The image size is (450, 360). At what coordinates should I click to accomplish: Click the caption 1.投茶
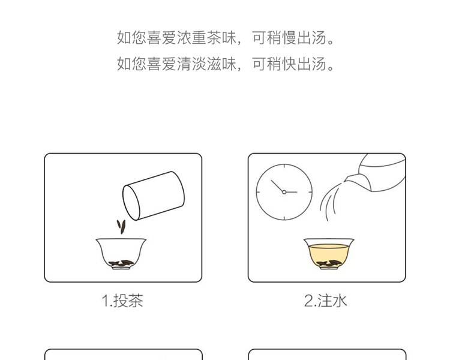(x=122, y=301)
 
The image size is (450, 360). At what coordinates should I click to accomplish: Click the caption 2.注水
(x=325, y=301)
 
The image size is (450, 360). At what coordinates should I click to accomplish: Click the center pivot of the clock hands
(x=284, y=192)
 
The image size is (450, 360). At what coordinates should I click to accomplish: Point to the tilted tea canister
(x=154, y=196)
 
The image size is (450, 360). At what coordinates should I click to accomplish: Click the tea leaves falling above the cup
(x=121, y=227)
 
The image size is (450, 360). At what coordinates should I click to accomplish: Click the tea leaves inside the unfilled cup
(x=121, y=263)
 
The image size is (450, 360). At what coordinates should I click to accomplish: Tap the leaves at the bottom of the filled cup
(x=329, y=263)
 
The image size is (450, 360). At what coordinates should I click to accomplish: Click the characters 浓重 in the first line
(x=191, y=38)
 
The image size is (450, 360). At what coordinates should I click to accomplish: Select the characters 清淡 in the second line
(x=191, y=64)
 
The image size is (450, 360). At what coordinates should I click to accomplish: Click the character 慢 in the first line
(x=289, y=38)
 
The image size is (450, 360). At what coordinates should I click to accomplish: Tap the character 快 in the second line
(x=289, y=64)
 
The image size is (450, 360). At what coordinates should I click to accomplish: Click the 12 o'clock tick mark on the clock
(x=284, y=166)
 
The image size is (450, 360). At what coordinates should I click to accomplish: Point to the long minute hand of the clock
(x=278, y=186)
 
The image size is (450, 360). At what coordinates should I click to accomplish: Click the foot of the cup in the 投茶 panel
(x=121, y=268)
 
